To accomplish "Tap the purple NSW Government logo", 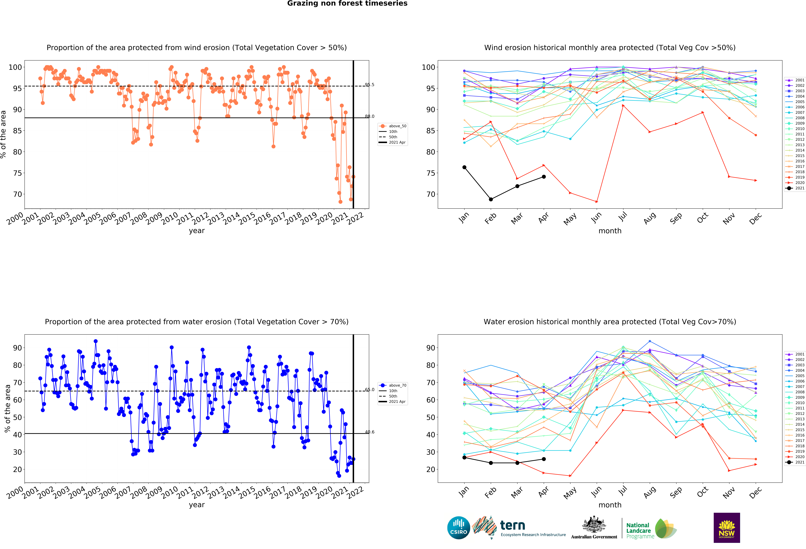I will tap(727, 528).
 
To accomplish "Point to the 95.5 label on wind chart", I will tap(369, 85).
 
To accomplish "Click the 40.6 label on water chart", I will tap(369, 432).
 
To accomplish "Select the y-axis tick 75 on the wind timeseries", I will tap(17, 173).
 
